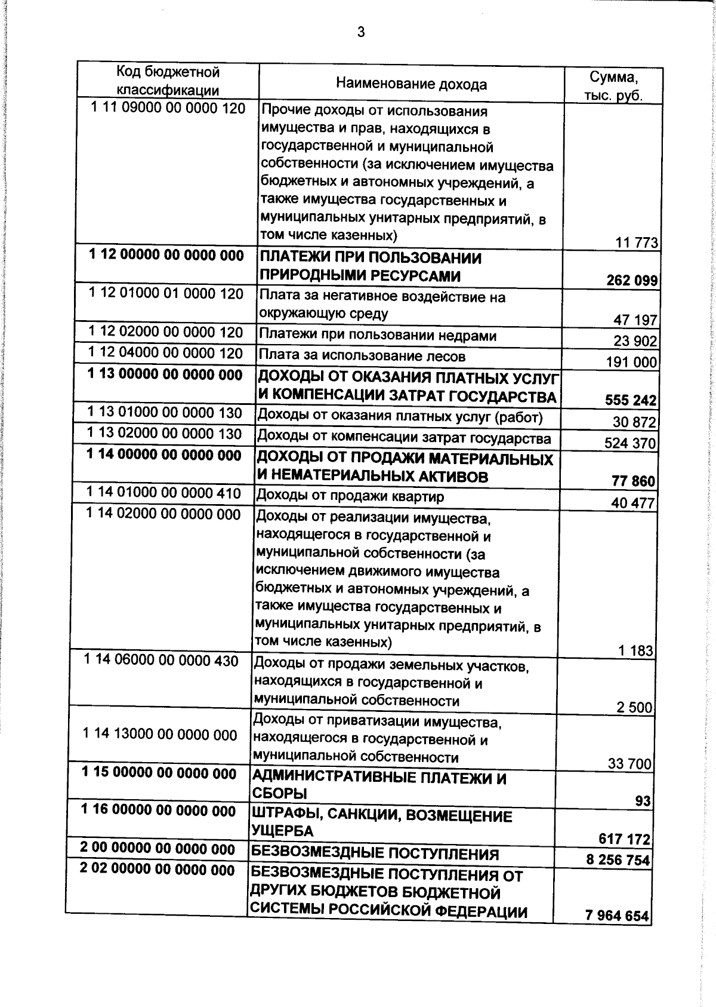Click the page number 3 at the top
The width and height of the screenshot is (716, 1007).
361,32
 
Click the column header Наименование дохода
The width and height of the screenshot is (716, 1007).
411,84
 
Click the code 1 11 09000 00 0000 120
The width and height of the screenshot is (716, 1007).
168,108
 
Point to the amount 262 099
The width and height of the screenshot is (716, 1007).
632,280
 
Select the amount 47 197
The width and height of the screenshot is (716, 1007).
635,320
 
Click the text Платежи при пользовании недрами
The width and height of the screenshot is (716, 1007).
377,336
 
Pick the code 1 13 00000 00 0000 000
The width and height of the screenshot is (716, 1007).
165,374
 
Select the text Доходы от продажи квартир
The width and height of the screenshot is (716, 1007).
350,496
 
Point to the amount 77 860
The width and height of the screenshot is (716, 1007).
633,481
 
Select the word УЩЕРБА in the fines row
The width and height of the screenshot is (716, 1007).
282,831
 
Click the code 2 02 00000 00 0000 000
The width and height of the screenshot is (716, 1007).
158,870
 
